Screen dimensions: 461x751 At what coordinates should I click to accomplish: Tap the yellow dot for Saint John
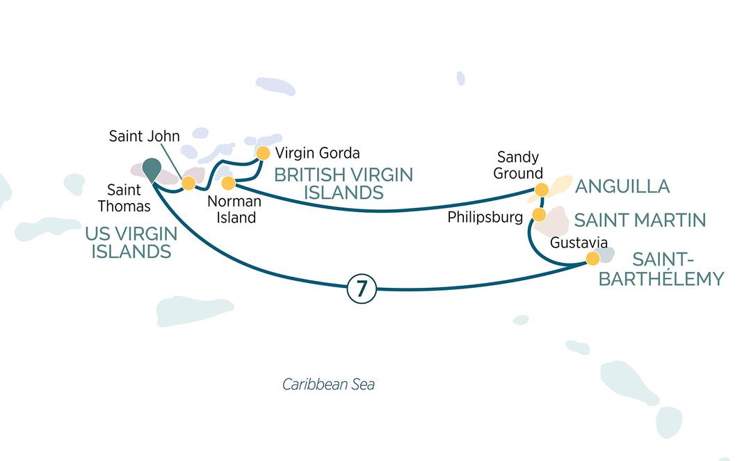coord(188,184)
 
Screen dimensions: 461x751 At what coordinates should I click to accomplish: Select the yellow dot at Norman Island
coord(227,184)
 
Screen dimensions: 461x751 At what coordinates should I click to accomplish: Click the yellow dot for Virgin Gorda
coord(263,153)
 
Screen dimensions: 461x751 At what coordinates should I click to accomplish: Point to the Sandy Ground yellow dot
coord(542,189)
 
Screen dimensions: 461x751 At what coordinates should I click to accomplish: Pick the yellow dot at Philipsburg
coord(538,214)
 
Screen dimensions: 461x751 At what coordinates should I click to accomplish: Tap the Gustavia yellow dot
coord(592,259)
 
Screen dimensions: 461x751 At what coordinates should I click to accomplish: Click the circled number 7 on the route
coord(361,289)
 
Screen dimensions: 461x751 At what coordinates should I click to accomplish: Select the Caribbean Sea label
coord(328,385)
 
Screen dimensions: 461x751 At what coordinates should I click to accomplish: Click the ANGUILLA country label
coord(622,186)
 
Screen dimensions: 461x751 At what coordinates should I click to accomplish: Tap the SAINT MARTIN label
coord(640,220)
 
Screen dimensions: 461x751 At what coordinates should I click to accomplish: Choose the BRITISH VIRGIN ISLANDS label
coord(343,184)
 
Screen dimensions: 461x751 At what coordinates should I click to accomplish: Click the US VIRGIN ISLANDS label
coord(131,243)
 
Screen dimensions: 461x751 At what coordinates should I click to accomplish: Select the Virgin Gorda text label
coord(317,152)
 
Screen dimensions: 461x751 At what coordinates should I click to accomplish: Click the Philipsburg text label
coord(485,217)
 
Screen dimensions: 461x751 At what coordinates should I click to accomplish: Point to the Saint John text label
coord(144,136)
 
